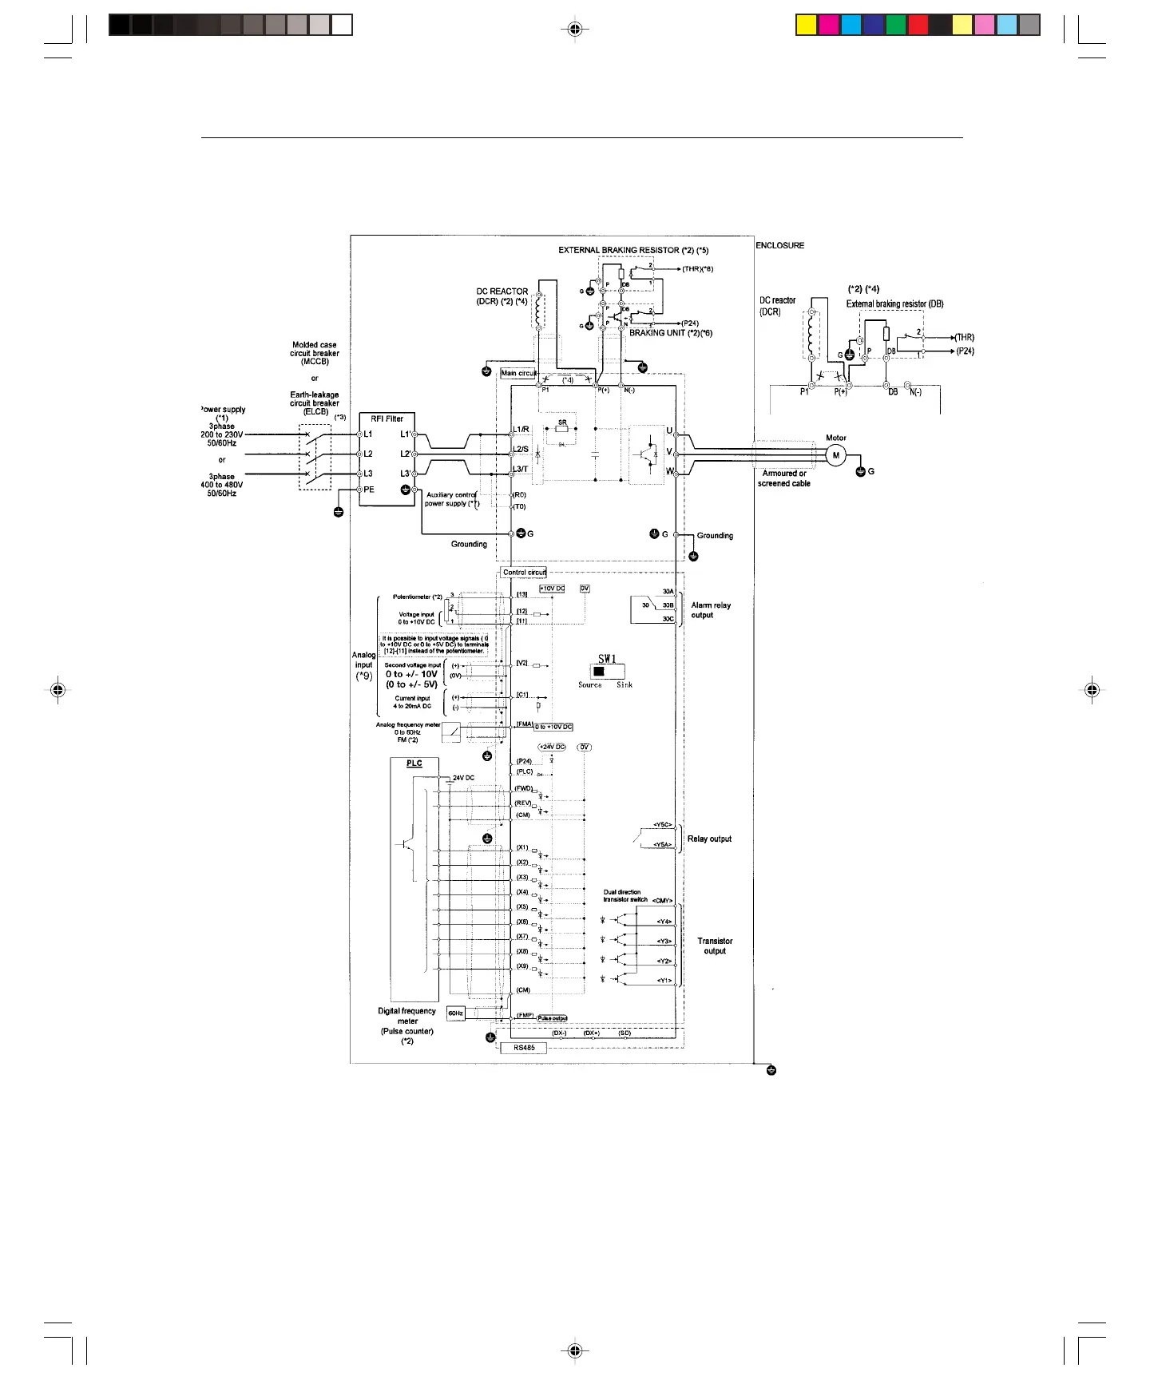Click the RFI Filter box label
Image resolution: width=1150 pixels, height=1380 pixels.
387,418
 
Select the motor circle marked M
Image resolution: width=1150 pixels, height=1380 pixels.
836,455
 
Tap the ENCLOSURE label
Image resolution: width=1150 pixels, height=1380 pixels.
780,246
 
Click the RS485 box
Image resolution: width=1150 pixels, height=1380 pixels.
524,1048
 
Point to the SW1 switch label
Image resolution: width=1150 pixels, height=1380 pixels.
607,659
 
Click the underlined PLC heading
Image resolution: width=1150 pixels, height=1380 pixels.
414,763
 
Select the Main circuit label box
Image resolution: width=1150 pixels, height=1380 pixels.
519,373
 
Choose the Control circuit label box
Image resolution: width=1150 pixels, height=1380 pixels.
525,573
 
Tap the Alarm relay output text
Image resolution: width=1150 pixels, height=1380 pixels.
711,610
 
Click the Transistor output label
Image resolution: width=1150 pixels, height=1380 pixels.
715,946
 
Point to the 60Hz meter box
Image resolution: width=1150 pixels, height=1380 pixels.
455,1013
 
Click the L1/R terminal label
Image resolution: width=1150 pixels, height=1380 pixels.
521,430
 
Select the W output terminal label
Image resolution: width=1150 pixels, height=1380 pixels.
669,471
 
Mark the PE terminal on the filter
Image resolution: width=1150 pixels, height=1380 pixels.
369,490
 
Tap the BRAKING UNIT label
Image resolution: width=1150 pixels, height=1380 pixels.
671,333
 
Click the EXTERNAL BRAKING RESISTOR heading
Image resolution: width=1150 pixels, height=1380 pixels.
632,251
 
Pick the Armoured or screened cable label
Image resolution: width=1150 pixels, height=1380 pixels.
784,478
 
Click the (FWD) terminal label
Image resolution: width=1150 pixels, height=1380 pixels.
523,789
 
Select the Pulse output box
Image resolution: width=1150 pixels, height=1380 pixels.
552,1018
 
